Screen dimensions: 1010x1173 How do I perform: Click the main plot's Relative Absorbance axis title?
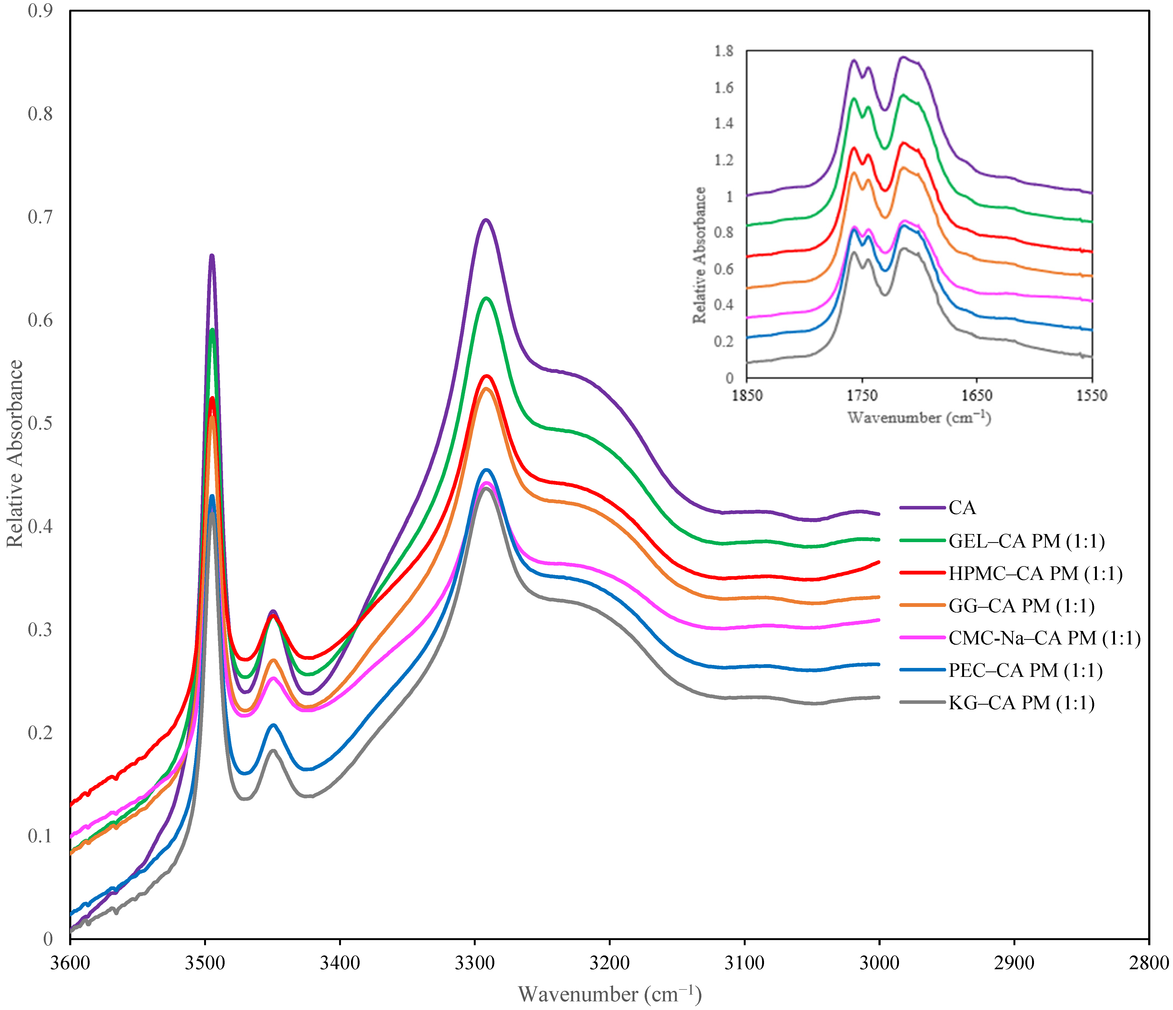(x=15, y=453)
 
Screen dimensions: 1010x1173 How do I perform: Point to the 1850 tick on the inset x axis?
(x=747, y=395)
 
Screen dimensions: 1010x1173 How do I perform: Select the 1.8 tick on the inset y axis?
(x=724, y=51)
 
